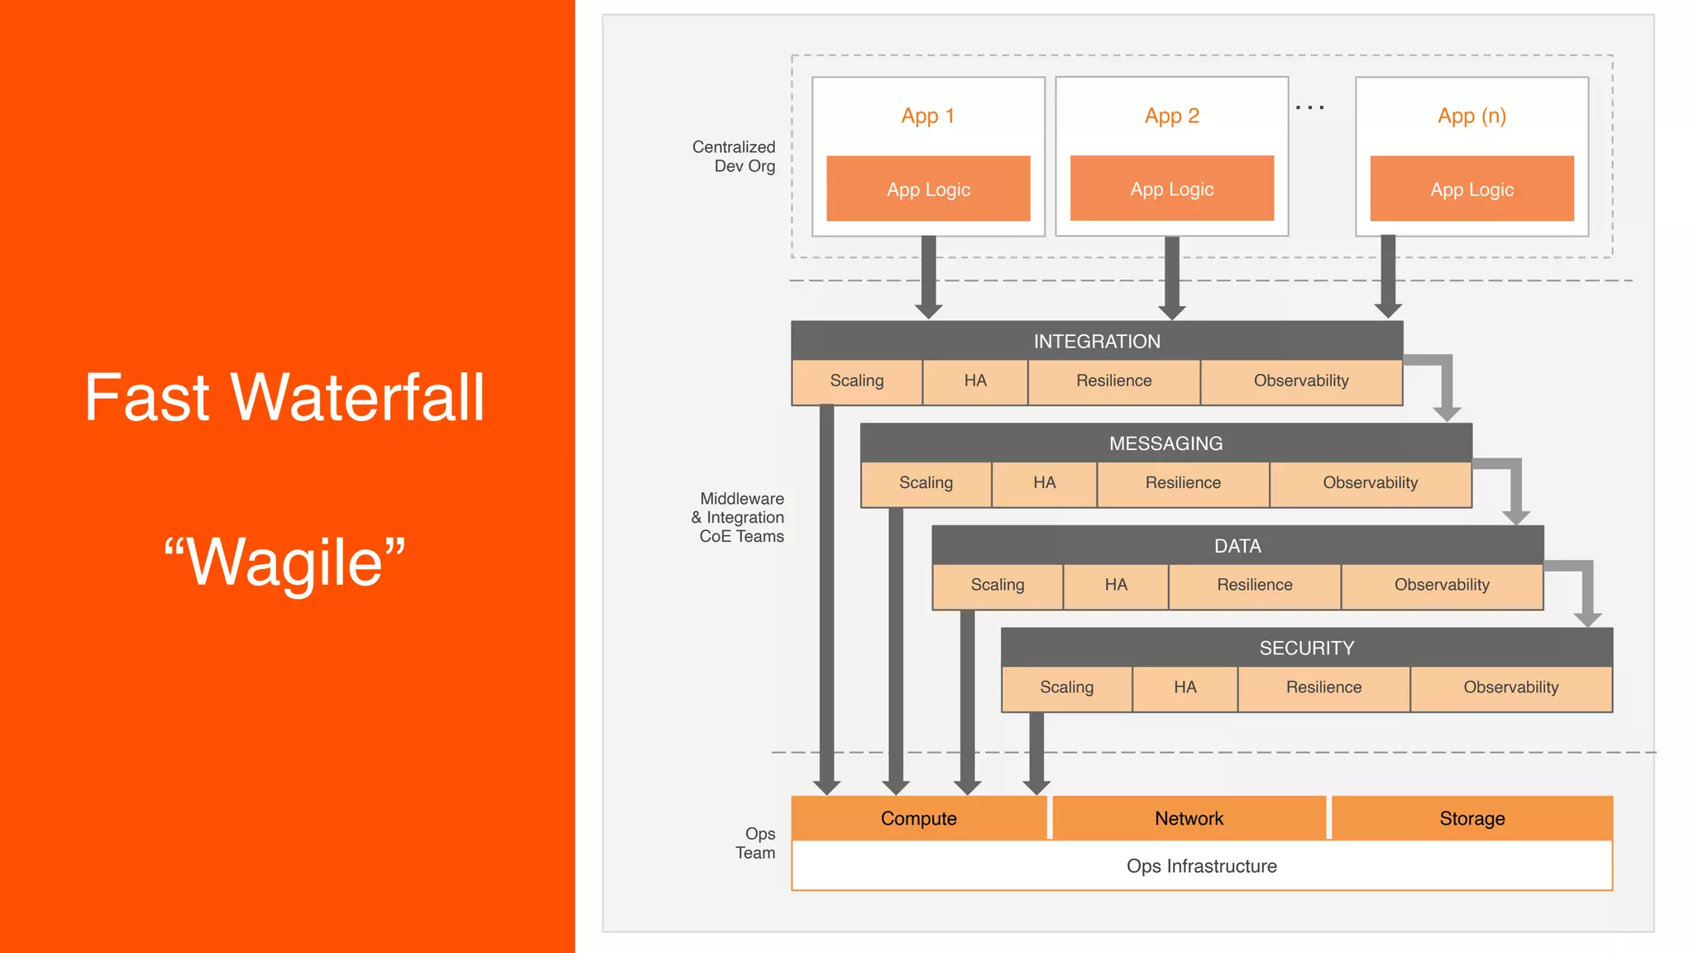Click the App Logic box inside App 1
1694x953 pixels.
coord(928,189)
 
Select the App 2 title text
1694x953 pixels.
coord(1171,116)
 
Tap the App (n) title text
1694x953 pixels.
coord(1471,116)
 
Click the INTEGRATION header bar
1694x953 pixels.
coord(1097,341)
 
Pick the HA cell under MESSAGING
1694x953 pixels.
coord(1044,483)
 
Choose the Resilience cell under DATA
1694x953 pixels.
coord(1254,585)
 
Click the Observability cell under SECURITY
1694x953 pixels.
coord(1510,687)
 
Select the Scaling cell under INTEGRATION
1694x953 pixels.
coord(857,381)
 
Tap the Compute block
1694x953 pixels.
coord(918,818)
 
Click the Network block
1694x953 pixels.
coord(1189,818)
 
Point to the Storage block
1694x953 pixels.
coord(1471,818)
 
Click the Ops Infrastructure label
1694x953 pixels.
coord(1201,866)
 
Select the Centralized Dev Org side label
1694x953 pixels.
coord(735,156)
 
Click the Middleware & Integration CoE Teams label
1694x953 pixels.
coord(739,517)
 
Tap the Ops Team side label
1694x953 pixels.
coord(757,843)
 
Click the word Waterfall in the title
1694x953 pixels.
coord(357,398)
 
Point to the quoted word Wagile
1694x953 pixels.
coord(285,563)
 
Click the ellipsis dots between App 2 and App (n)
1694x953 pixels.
coord(1309,108)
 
